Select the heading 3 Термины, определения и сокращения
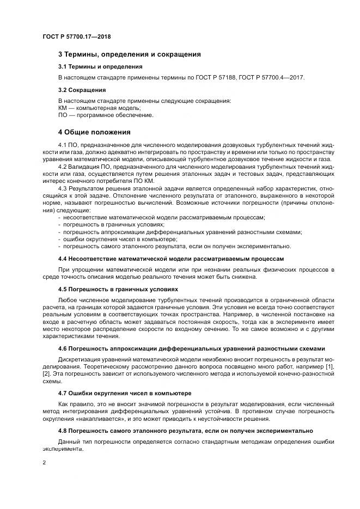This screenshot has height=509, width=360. click(x=129, y=54)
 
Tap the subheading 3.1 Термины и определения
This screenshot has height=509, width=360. click(x=100, y=66)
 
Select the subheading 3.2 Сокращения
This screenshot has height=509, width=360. click(x=82, y=90)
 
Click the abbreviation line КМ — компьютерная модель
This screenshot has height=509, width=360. click(x=95, y=108)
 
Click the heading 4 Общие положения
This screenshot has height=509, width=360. click(x=94, y=132)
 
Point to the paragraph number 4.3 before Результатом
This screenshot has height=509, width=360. click(x=63, y=188)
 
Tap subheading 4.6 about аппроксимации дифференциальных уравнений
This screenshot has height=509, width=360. click(x=192, y=348)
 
